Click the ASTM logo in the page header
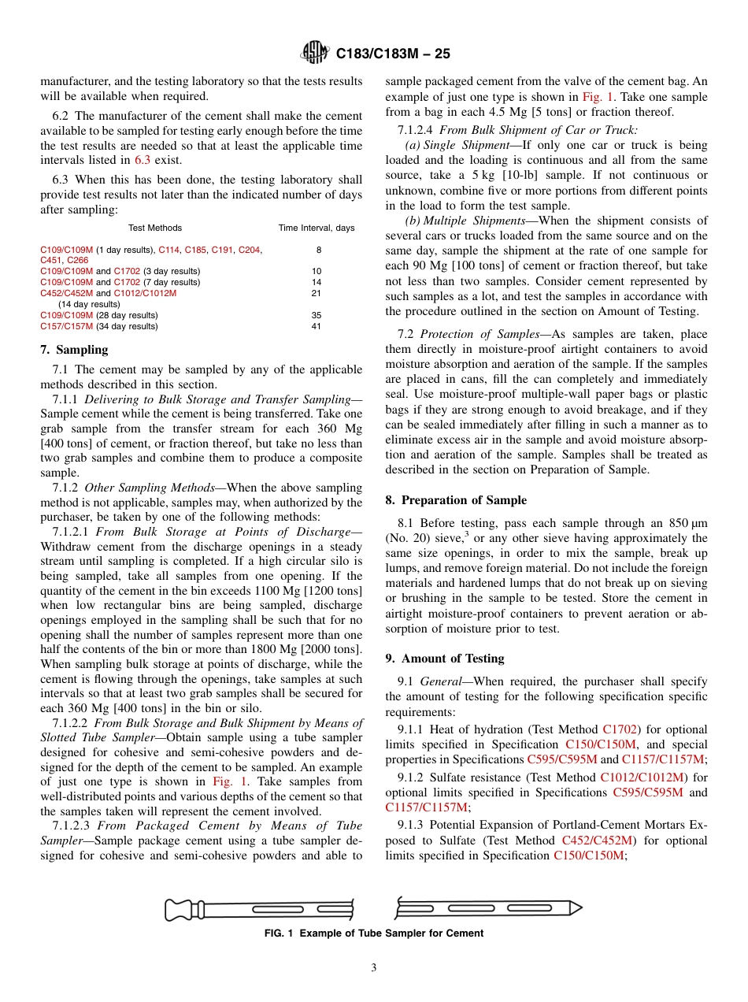click(316, 54)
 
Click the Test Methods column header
click(155, 228)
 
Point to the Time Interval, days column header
click(317, 228)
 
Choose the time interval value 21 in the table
click(317, 293)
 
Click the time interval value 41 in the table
click(317, 326)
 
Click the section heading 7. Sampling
click(74, 350)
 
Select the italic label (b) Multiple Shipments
click(467, 221)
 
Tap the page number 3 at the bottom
click(374, 968)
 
